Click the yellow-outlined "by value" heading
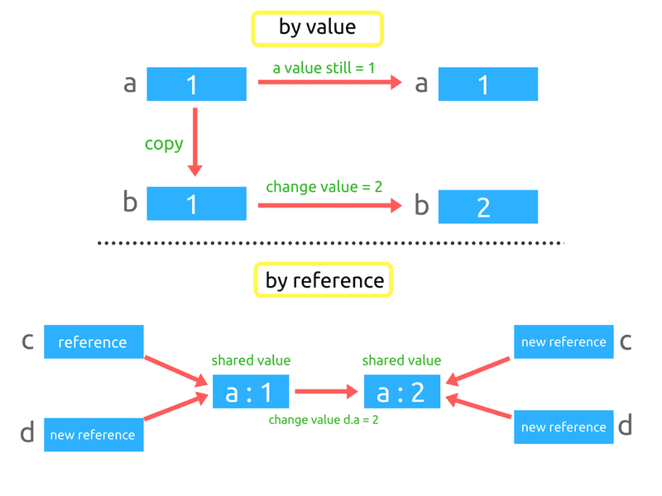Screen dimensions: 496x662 point(318,28)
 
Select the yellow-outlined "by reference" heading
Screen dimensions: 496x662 point(324,280)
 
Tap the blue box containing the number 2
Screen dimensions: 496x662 point(487,207)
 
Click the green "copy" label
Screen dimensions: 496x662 point(164,144)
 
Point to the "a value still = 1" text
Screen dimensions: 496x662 point(324,66)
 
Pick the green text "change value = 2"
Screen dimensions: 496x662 point(324,187)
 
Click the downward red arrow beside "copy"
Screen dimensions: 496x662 point(195,141)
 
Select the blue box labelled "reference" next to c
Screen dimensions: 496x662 point(94,342)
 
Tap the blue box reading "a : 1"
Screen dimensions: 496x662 point(251,392)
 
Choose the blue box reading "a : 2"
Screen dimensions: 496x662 point(402,392)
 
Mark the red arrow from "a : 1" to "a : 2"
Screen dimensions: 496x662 point(327,392)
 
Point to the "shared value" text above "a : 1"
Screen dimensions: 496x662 point(251,360)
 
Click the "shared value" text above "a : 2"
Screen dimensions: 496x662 point(402,360)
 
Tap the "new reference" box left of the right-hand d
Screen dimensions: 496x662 point(563,427)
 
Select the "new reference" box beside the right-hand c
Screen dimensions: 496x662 point(563,341)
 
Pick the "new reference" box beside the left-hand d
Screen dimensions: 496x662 point(94,435)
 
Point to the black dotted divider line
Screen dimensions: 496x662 point(331,243)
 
